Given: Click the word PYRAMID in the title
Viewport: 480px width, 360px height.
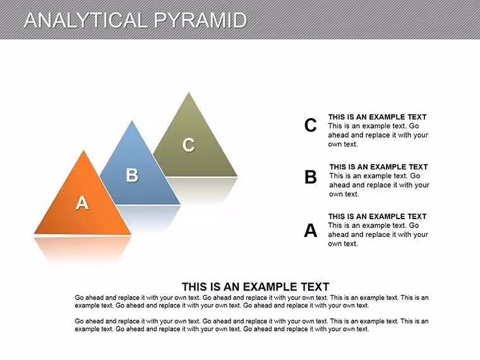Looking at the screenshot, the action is tap(200, 20).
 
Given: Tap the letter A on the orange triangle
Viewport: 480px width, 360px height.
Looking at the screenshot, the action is tap(82, 203).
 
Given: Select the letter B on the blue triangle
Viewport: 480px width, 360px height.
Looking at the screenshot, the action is tap(132, 175).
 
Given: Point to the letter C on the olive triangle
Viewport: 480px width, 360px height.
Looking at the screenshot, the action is tap(189, 145).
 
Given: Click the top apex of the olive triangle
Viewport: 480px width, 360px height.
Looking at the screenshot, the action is tap(189, 92).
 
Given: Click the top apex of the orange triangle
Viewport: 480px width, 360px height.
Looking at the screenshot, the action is tap(83, 150).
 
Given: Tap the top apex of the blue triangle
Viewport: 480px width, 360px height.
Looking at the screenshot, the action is tap(132, 121).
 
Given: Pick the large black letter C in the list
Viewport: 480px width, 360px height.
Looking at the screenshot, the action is tap(310, 125).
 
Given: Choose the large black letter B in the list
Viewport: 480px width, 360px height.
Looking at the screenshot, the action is tap(310, 177).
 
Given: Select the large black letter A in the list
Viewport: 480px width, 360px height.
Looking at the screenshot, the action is tap(310, 230).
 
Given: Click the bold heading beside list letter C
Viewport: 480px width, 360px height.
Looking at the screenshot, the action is tap(378, 117).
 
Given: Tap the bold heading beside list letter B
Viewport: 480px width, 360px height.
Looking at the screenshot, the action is tap(379, 167).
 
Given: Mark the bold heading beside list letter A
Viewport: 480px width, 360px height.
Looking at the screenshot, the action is tap(378, 217).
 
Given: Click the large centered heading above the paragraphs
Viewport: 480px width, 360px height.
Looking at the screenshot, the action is tap(255, 287).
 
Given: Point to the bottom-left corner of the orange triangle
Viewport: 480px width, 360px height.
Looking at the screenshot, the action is tap(34, 234).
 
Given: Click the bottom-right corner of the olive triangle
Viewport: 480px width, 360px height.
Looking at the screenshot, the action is tap(237, 176).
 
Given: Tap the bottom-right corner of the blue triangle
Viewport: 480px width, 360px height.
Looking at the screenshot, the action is tap(180, 204).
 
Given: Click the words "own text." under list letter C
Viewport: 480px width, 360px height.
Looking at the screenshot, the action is tap(343, 144).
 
